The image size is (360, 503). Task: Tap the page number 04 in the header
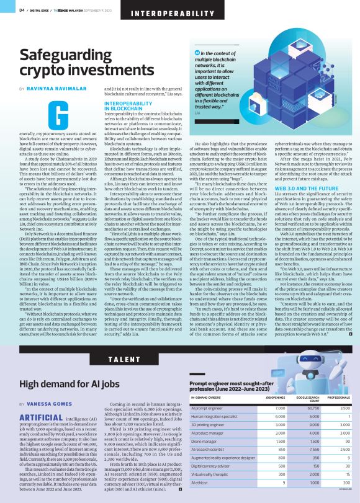tap(22, 10)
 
